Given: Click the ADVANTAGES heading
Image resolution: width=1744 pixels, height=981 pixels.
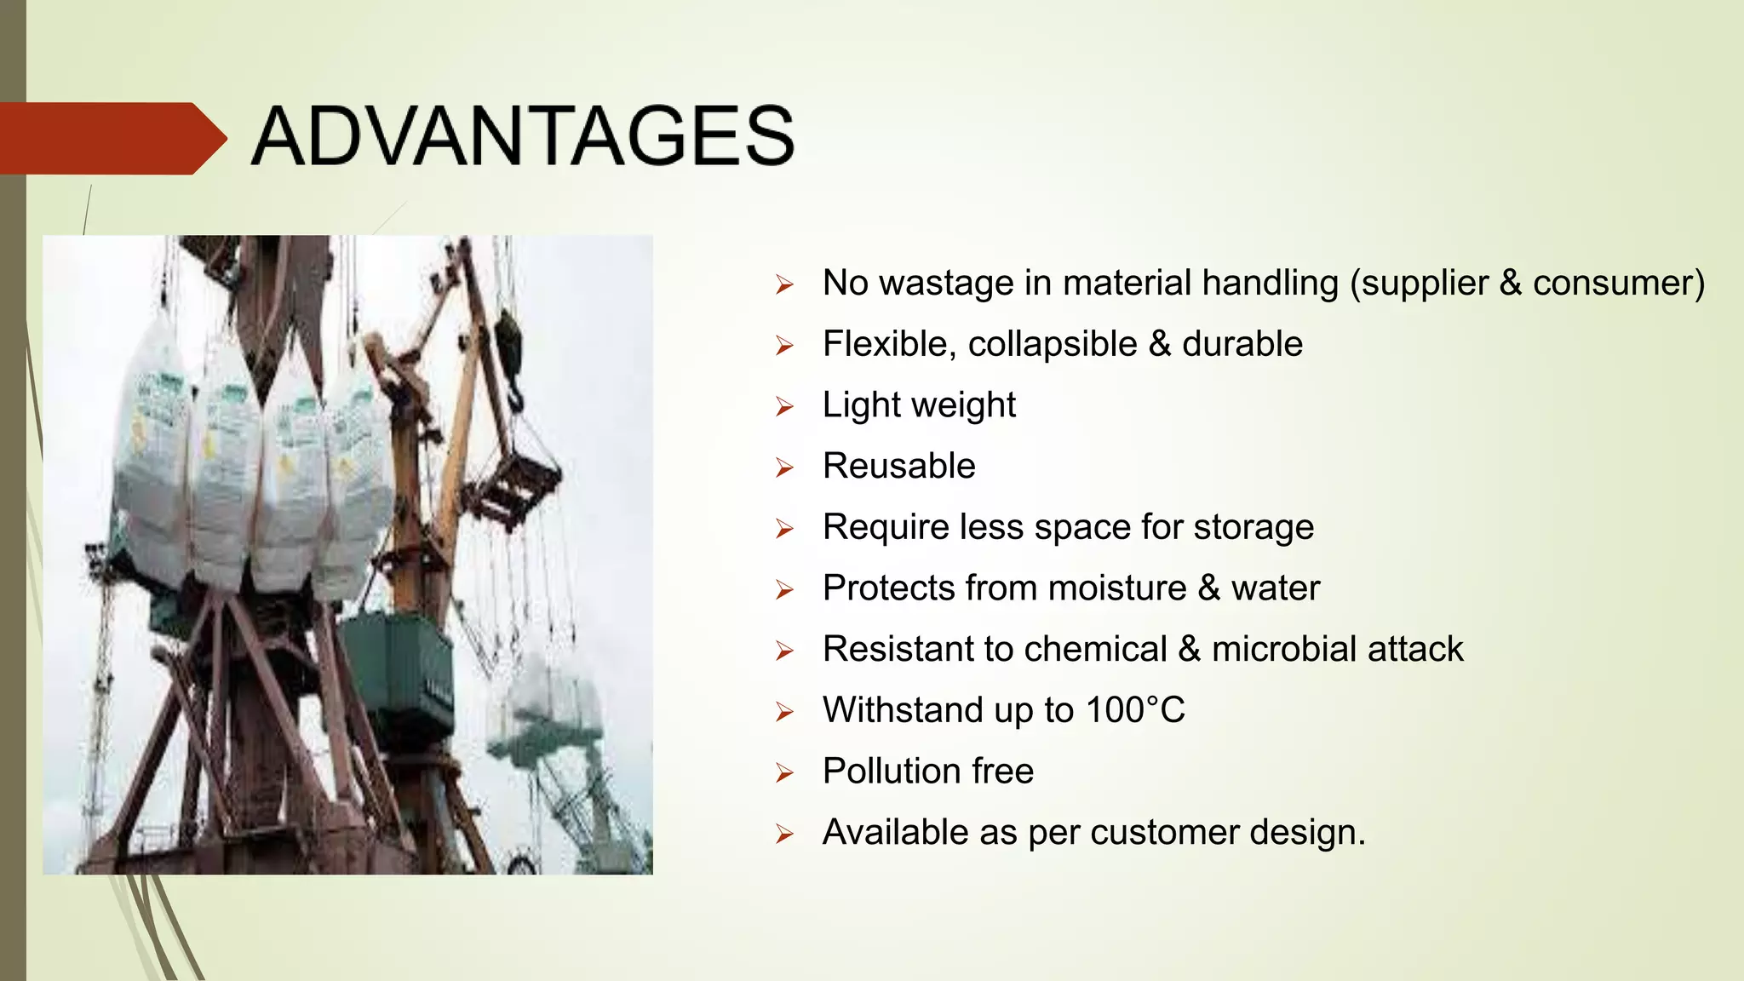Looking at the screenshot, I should click(x=523, y=136).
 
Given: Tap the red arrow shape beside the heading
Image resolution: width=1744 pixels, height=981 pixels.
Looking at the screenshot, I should click(x=111, y=138).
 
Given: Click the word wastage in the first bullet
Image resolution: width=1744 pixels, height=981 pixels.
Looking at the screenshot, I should click(x=946, y=283).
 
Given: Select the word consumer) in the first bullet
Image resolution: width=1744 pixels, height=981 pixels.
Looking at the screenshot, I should click(x=1618, y=283).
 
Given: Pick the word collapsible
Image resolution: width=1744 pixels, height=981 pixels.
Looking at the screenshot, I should click(x=1052, y=344).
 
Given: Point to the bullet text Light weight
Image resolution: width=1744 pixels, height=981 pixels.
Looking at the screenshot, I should click(x=919, y=405).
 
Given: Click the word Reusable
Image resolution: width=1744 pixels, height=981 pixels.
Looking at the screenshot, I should click(x=898, y=467).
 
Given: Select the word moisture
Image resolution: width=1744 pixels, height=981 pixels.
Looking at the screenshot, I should click(x=1116, y=588).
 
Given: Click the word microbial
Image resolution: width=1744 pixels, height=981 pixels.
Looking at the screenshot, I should click(x=1284, y=650).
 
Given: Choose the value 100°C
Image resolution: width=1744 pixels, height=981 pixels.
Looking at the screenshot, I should click(x=1135, y=710).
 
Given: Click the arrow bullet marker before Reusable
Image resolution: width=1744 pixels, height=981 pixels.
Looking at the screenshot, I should click(x=784, y=468).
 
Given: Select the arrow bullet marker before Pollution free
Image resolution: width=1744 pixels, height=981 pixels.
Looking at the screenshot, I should click(x=784, y=772).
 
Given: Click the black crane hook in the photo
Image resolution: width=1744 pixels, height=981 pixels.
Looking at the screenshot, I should click(x=510, y=358).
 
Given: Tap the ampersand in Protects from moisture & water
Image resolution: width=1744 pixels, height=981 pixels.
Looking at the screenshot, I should click(x=1208, y=588).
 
